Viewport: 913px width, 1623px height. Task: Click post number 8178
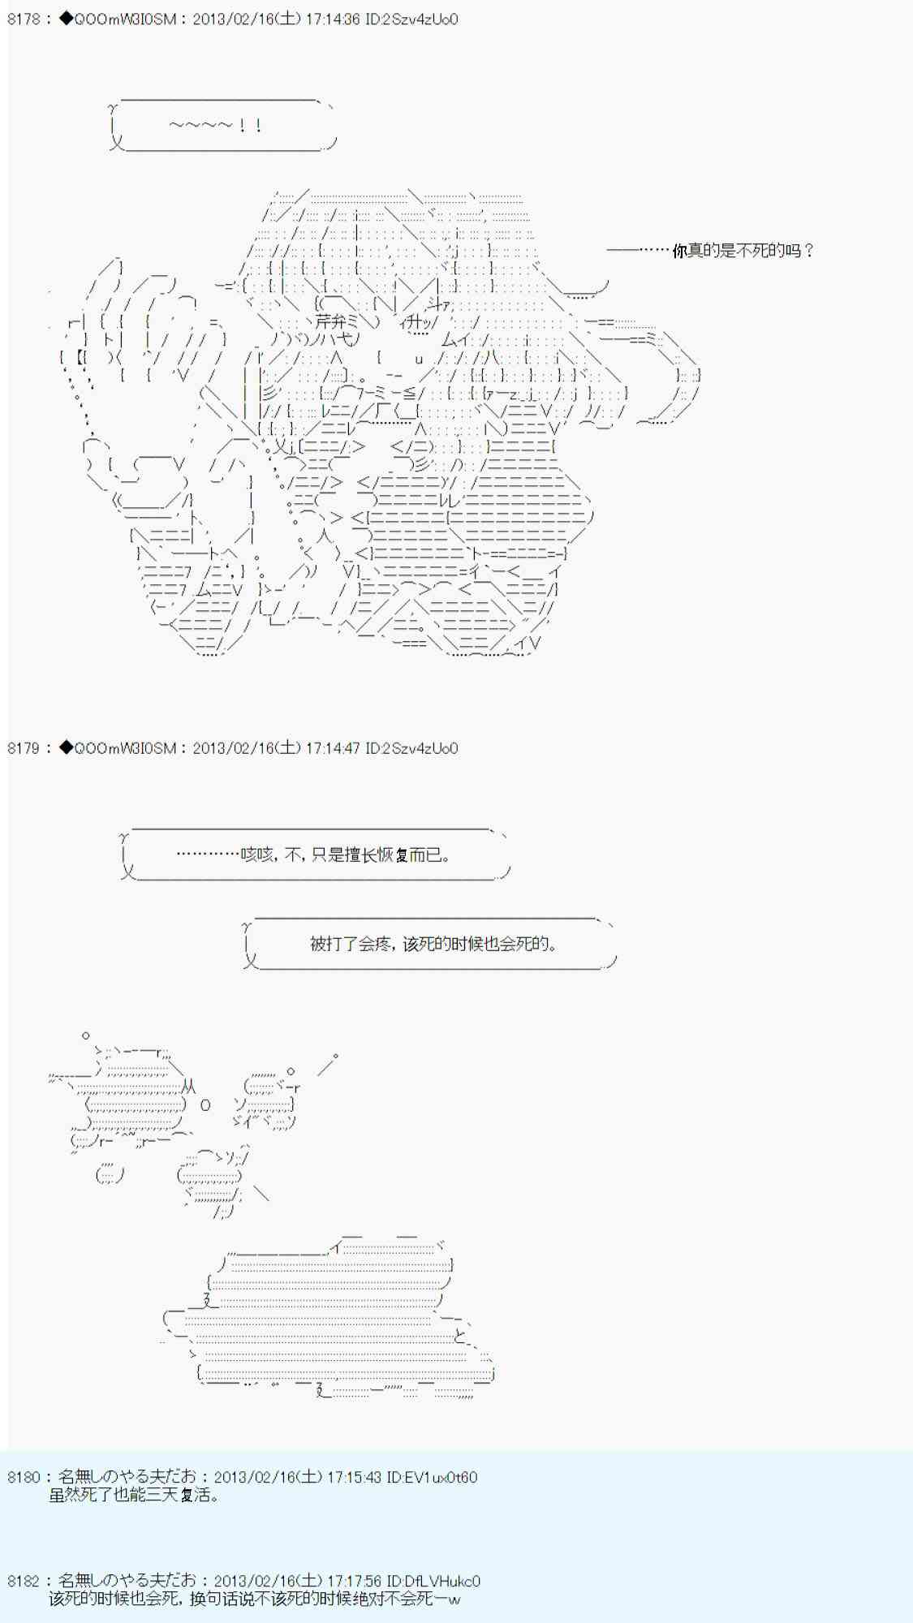tap(23, 19)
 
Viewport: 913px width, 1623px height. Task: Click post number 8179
tap(23, 748)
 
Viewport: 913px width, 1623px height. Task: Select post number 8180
tap(23, 1477)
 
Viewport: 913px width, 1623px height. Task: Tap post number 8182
tap(23, 1581)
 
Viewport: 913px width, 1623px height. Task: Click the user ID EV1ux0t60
tap(432, 1477)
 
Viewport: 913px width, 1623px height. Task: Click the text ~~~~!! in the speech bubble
tap(216, 126)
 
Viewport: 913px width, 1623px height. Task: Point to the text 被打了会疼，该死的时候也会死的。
tap(433, 944)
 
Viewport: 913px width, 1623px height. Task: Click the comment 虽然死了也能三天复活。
tap(134, 1495)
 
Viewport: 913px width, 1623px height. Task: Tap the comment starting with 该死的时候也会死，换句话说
tap(254, 1599)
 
